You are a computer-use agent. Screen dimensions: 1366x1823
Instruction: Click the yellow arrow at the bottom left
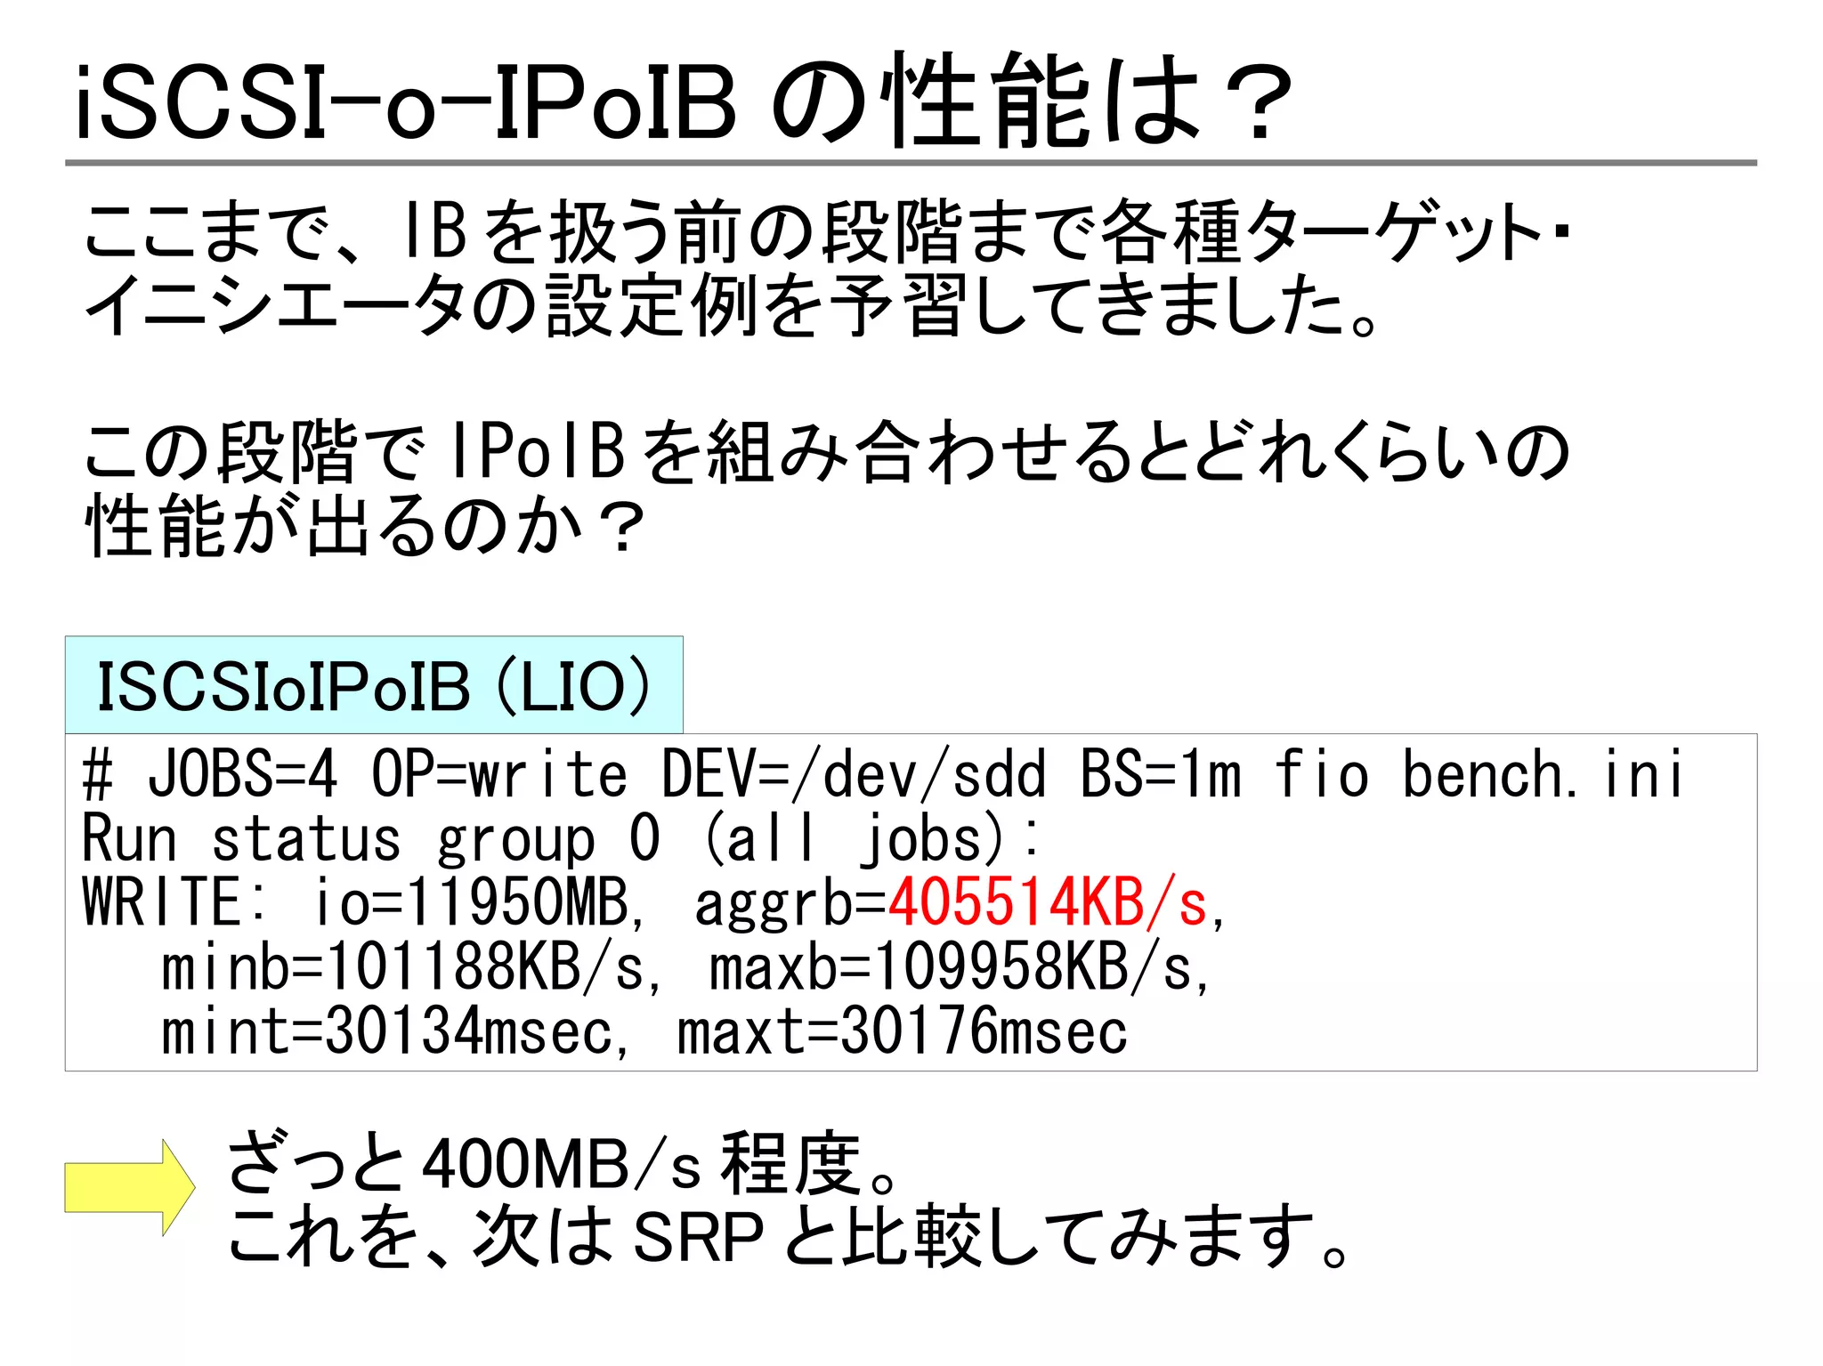click(x=130, y=1187)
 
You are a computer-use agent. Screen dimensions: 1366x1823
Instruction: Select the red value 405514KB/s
click(x=1049, y=903)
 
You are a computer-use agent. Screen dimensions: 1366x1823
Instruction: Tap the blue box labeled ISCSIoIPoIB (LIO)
click(x=374, y=686)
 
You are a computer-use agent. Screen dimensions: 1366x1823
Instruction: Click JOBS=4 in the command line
click(x=242, y=773)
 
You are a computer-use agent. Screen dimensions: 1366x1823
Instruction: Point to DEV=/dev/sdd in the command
click(x=853, y=773)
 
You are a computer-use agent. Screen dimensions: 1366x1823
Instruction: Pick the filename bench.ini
click(x=1542, y=773)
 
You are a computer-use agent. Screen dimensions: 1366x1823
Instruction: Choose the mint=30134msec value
click(x=386, y=1032)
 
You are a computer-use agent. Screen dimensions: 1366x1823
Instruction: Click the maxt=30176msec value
click(x=902, y=1032)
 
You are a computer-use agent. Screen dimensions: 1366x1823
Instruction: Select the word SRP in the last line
click(x=698, y=1237)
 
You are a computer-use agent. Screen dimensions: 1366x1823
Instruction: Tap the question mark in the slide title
click(x=1257, y=102)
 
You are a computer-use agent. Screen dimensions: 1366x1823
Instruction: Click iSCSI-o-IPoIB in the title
click(x=406, y=102)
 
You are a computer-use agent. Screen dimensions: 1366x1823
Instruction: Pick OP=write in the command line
click(x=499, y=773)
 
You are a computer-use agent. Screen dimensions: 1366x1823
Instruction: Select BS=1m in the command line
click(x=1160, y=773)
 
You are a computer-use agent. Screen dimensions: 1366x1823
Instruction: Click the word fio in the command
click(x=1321, y=773)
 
